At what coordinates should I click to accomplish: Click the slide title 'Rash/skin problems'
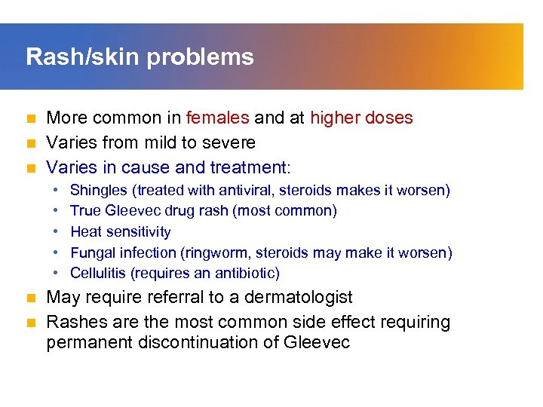[140, 57]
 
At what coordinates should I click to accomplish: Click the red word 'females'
[218, 118]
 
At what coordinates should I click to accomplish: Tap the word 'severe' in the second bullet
[230, 142]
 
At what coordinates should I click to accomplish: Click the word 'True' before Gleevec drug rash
[85, 211]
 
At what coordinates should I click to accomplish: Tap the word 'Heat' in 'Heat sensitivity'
[85, 232]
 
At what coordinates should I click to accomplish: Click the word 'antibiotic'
[244, 273]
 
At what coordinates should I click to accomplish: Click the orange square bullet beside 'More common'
[31, 119]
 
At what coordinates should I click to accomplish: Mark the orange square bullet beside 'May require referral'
[31, 298]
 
